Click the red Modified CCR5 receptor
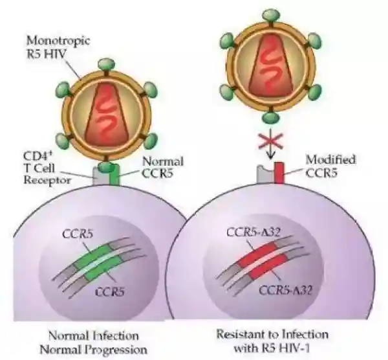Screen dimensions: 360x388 pyautogui.click(x=279, y=173)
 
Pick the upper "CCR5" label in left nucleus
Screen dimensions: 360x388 pyautogui.click(x=76, y=234)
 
